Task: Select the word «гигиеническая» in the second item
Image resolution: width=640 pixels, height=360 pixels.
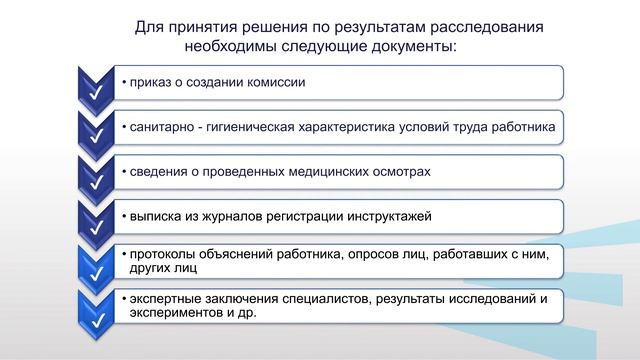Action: pos(259,127)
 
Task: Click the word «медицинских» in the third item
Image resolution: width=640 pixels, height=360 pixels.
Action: pos(330,172)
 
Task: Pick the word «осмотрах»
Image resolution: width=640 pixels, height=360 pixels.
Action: pos(404,172)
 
